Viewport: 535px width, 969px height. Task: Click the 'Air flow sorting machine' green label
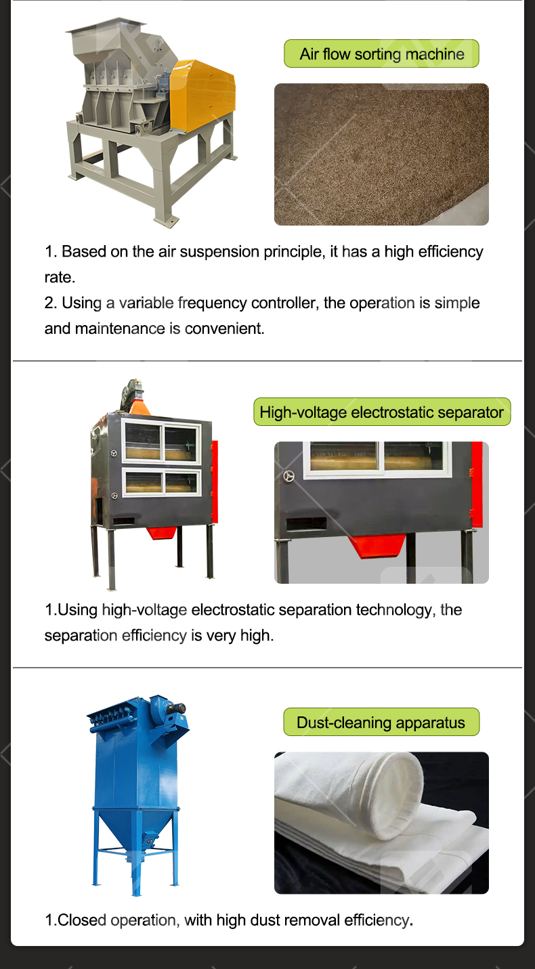click(x=381, y=53)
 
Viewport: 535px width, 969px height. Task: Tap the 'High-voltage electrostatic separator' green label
click(x=382, y=412)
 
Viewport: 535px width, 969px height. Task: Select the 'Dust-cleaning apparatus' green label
click(x=381, y=722)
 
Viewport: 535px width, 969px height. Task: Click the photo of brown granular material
click(x=381, y=154)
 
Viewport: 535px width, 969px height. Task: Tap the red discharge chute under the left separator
click(x=162, y=532)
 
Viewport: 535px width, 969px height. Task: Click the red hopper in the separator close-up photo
click(x=377, y=546)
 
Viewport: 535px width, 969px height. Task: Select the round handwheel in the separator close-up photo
click(x=289, y=476)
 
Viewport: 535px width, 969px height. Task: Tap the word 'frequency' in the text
click(x=212, y=303)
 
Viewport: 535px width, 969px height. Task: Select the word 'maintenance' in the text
click(x=120, y=328)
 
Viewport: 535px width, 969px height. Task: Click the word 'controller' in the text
click(x=285, y=303)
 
